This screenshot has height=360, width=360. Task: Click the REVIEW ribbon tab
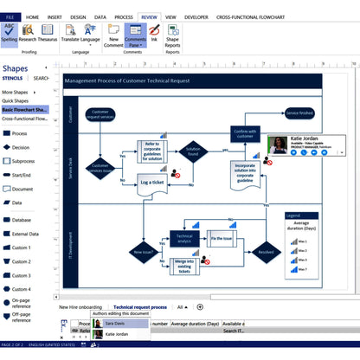[149, 16]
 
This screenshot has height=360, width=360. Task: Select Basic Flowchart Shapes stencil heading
[25, 110]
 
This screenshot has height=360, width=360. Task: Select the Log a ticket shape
[152, 183]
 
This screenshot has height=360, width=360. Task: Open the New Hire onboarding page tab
[80, 307]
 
